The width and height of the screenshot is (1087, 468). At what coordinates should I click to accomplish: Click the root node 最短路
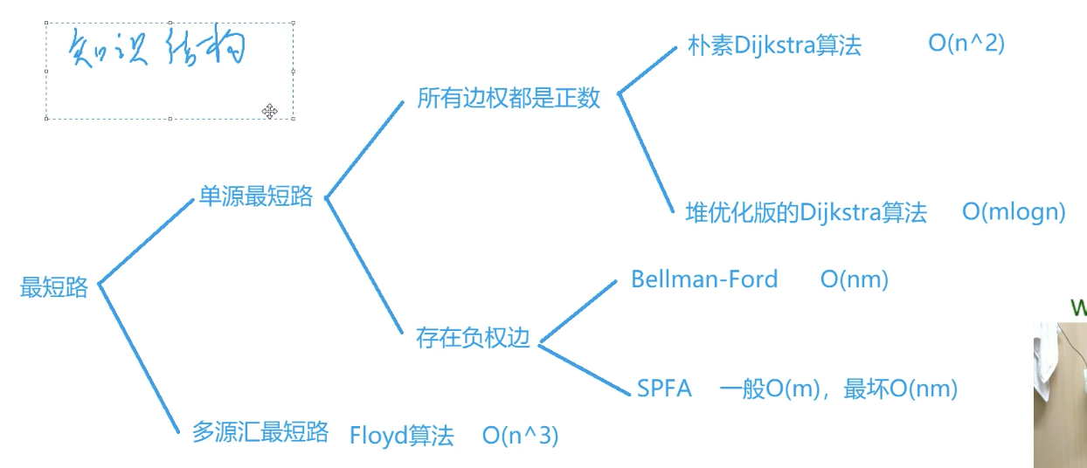54,287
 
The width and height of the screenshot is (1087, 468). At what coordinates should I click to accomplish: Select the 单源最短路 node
255,196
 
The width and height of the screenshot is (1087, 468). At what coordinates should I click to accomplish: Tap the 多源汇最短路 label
260,431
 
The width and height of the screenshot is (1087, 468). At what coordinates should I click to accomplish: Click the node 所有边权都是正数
509,98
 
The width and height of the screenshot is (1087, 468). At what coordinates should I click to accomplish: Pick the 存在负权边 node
474,338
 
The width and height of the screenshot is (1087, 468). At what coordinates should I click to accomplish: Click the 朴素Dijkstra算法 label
774,46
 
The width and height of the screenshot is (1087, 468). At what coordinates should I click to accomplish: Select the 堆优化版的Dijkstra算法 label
806,212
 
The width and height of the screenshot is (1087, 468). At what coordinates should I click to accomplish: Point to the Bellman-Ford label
703,279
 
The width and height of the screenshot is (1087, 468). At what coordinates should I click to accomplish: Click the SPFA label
664,389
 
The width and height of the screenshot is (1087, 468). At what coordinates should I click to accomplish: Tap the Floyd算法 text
401,435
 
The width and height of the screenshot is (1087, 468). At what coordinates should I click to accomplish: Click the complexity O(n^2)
966,44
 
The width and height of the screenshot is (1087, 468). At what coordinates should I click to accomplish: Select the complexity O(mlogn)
1014,211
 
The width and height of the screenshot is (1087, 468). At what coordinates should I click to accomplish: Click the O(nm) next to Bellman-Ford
854,279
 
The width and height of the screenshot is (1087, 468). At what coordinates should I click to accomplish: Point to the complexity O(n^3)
520,435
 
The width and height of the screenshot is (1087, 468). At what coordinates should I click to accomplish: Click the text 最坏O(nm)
900,389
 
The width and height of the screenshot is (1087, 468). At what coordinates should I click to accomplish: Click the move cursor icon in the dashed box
270,110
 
